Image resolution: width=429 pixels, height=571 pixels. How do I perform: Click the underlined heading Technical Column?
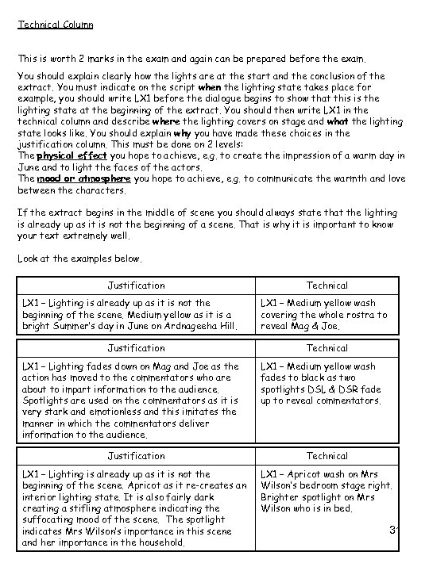(55, 25)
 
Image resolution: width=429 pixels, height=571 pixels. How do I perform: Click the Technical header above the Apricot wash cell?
(327, 456)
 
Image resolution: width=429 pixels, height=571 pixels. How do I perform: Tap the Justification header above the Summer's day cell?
(137, 285)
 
